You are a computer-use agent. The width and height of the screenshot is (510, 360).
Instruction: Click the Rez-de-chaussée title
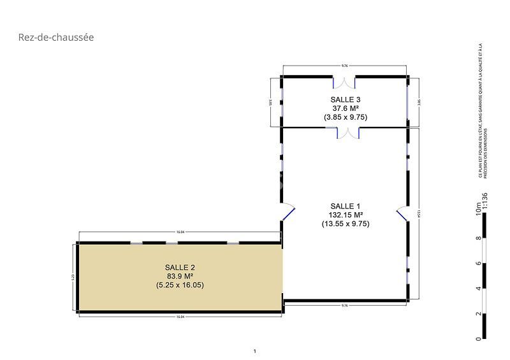point(56,38)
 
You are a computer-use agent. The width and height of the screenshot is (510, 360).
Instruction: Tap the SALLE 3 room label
point(346,99)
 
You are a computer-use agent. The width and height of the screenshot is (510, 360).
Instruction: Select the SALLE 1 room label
point(346,206)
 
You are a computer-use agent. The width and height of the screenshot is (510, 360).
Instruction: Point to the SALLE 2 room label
point(180,267)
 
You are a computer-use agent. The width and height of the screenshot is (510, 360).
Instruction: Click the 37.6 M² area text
point(346,108)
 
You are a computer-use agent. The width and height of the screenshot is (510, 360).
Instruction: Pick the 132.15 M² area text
point(346,215)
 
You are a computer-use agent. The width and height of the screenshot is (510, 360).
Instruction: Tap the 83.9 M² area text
point(180,276)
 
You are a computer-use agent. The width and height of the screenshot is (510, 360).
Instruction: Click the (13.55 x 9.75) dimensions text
point(346,224)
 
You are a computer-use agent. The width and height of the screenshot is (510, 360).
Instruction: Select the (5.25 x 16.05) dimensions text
point(180,285)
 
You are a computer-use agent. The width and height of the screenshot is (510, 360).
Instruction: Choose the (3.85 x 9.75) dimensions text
point(346,117)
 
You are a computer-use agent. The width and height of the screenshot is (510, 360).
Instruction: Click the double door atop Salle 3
point(345,82)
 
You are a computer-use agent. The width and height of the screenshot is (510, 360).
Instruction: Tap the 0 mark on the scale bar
point(478,339)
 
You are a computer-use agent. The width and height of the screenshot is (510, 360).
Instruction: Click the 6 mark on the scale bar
point(478,263)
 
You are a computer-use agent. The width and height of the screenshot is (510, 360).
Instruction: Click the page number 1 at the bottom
point(254,351)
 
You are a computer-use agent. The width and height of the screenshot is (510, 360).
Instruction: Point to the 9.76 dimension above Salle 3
point(345,66)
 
